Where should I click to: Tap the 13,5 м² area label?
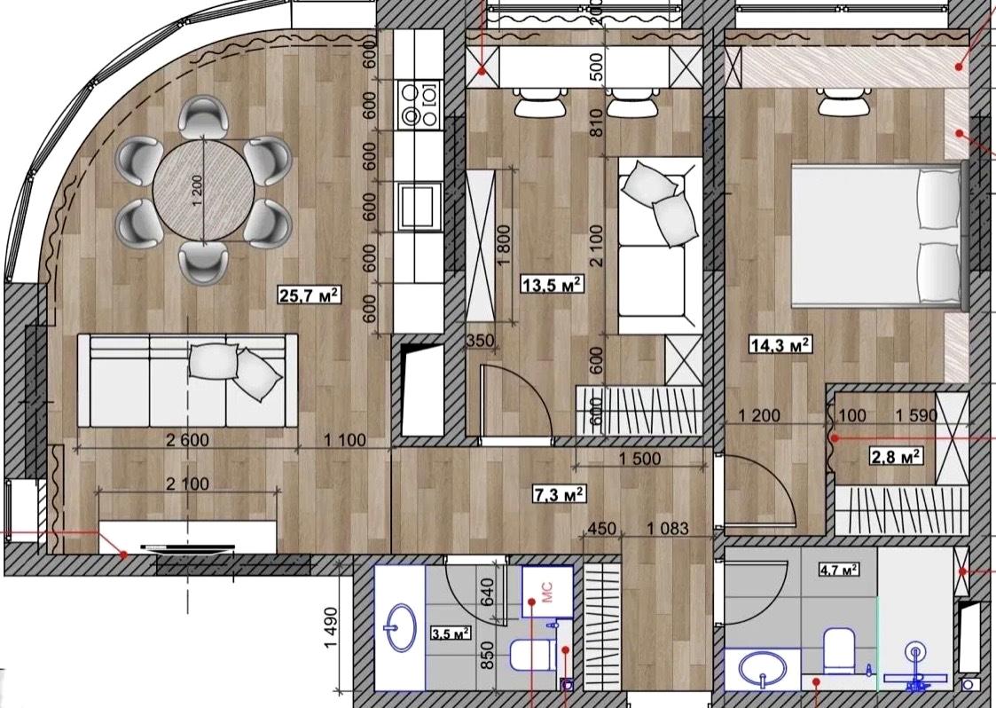pyautogui.click(x=552, y=284)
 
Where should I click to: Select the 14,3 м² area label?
pyautogui.click(x=780, y=345)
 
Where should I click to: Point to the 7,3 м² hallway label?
pyautogui.click(x=559, y=492)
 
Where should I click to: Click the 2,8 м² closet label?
pyautogui.click(x=896, y=456)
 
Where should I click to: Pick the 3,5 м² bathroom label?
pyautogui.click(x=451, y=633)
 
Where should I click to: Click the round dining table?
pyautogui.click(x=204, y=191)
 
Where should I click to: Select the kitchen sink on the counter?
pyautogui.click(x=420, y=205)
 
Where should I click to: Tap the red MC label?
pyautogui.click(x=547, y=591)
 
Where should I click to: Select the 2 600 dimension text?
pyautogui.click(x=187, y=440)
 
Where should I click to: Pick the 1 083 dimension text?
pyautogui.click(x=667, y=528)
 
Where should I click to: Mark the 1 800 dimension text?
pyautogui.click(x=505, y=246)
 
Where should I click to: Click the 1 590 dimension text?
pyautogui.click(x=916, y=415)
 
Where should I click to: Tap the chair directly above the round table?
pyautogui.click(x=203, y=118)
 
